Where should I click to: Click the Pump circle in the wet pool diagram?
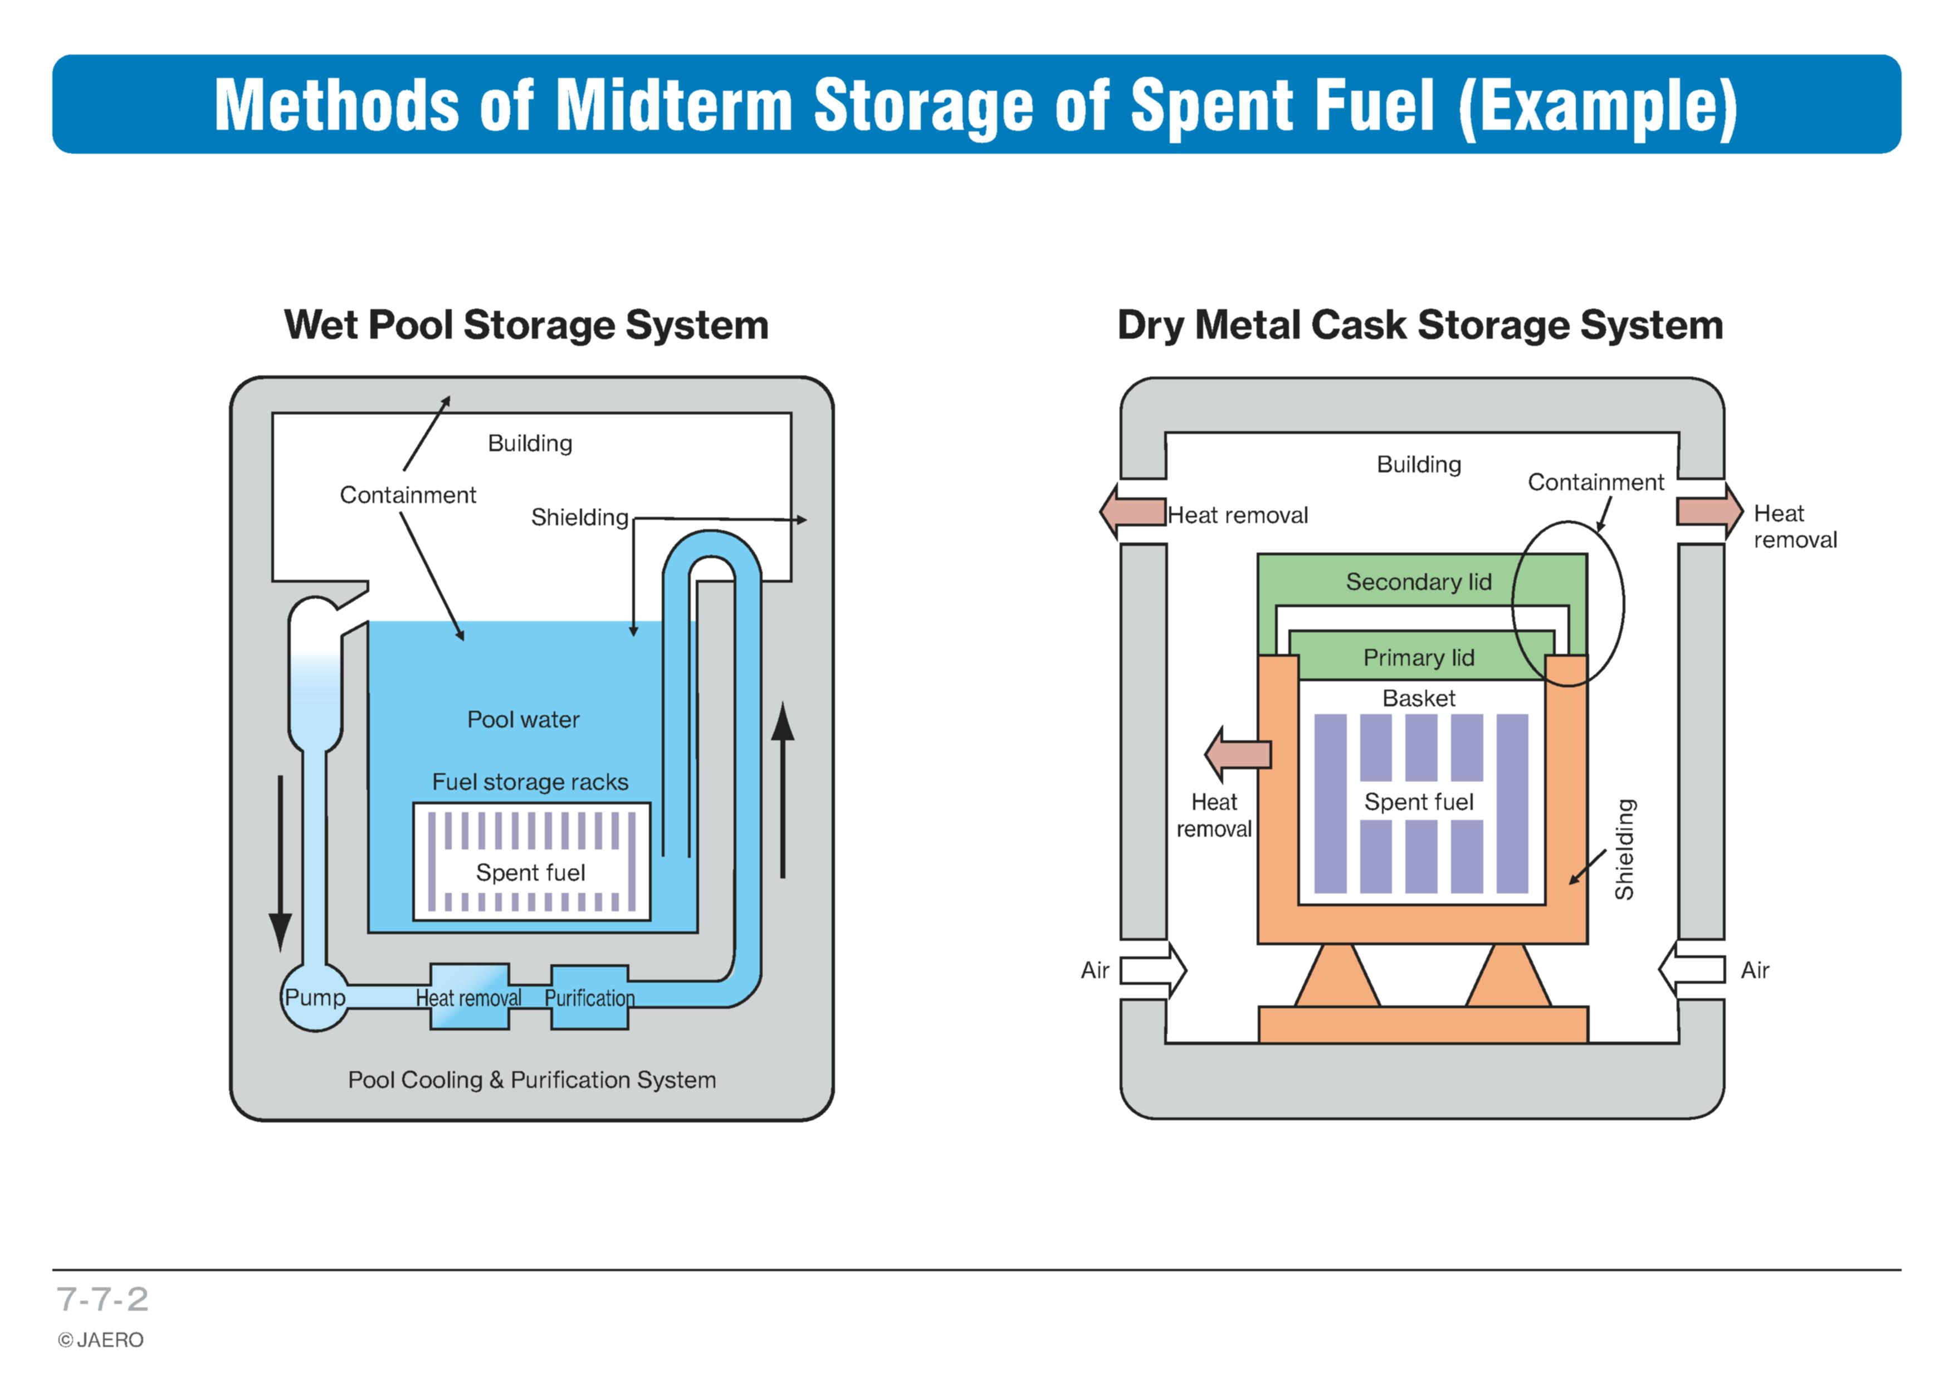[315, 997]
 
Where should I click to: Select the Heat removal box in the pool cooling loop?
[469, 997]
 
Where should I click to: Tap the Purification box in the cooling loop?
[590, 997]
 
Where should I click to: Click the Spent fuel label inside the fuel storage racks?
[530, 872]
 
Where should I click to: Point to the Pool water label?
[524, 720]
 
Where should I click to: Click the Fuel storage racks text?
[530, 782]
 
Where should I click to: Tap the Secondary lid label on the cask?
[1419, 582]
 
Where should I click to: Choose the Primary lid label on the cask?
[1419, 658]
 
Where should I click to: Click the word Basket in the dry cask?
[1419, 699]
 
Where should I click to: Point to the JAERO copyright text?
[100, 1340]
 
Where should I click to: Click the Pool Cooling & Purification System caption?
[532, 1080]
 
